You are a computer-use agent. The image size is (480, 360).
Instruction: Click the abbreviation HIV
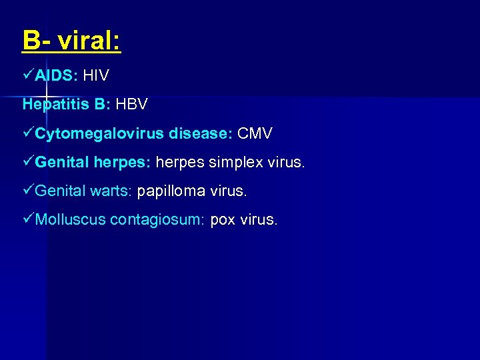[96, 76]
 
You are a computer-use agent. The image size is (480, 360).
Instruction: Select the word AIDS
[57, 76]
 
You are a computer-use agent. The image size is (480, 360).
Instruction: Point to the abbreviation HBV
[131, 105]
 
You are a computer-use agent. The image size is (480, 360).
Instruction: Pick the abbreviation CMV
[255, 133]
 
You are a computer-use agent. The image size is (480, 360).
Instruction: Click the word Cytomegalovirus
[99, 133]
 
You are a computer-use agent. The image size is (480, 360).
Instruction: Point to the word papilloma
[171, 191]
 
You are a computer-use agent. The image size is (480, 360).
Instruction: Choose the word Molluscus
[70, 219]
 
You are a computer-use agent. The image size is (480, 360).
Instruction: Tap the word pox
[222, 220]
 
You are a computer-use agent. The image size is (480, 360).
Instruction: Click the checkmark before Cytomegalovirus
[28, 133]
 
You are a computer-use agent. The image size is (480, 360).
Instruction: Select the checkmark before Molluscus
[28, 219]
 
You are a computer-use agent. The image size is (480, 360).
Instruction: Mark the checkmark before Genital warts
[28, 191]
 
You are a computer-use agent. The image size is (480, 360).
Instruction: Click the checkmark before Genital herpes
[28, 162]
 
